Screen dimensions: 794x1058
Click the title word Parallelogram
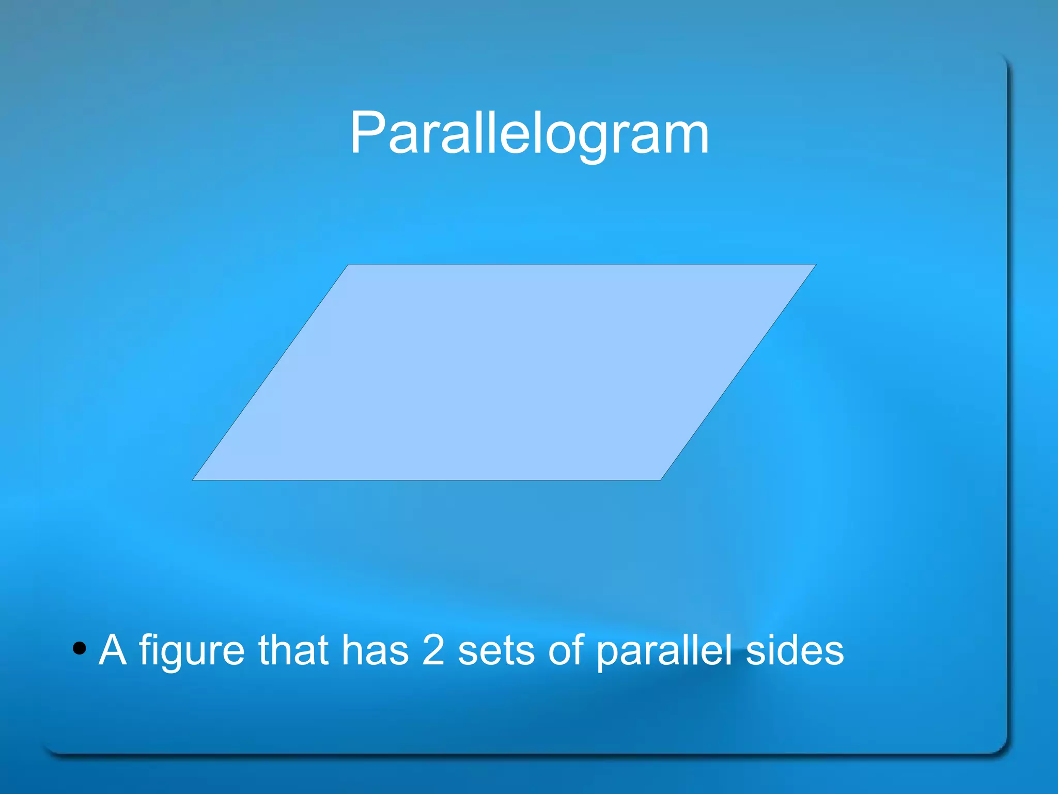point(529,133)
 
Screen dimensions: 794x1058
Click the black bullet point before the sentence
point(79,648)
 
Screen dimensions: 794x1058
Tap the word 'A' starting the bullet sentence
point(113,649)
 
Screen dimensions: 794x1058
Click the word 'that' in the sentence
point(293,649)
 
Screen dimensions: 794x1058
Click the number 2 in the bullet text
point(433,649)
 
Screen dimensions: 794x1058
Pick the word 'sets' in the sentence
point(496,651)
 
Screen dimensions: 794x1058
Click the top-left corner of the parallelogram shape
point(349,265)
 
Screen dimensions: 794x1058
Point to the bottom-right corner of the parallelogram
point(660,479)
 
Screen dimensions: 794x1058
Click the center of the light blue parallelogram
point(504,372)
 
